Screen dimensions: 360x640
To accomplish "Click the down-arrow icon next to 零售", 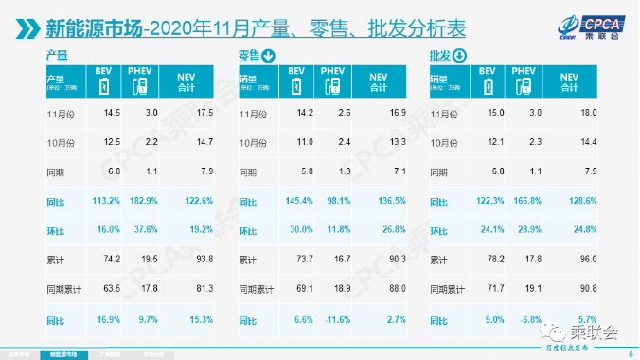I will [x=269, y=57].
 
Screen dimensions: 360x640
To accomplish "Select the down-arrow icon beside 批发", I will [x=460, y=57].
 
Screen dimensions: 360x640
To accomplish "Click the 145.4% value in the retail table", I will [x=297, y=200].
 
